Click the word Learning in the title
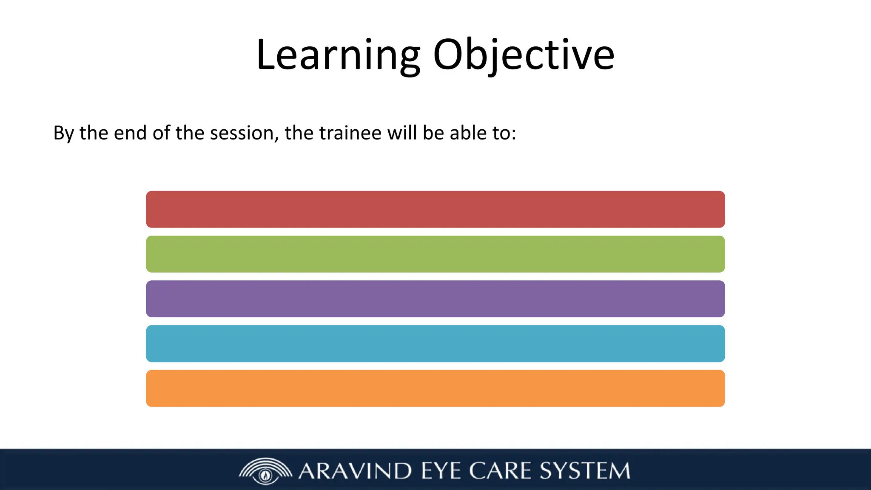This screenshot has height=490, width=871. coord(338,55)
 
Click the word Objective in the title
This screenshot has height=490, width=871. coord(524,55)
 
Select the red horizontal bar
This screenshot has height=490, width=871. coord(435,209)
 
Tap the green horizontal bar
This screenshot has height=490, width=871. coord(435,254)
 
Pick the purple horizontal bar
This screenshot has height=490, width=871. coord(435,299)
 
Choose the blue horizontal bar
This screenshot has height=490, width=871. coord(435,344)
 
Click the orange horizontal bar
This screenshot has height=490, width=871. coord(435,388)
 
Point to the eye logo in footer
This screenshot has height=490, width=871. coord(266,471)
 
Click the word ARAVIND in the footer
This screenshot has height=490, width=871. coord(355,471)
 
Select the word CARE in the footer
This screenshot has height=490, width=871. coord(500,471)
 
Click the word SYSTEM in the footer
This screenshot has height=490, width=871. coord(585,471)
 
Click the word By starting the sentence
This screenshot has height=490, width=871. coord(63,134)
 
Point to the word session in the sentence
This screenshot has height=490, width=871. coord(241,133)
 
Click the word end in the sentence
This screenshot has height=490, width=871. coord(131,133)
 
